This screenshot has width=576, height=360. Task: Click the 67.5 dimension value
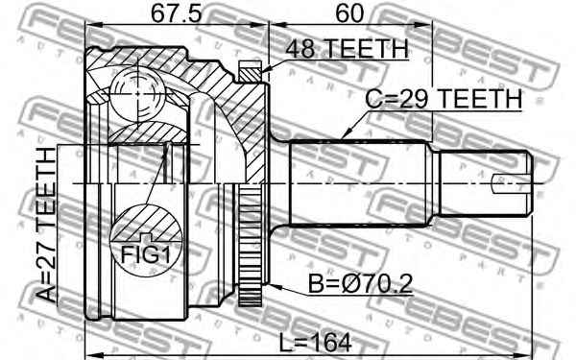(x=177, y=14)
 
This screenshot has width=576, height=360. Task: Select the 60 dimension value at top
(x=348, y=14)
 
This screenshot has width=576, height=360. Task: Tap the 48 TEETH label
(x=348, y=49)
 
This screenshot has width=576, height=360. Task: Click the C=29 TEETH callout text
(x=444, y=99)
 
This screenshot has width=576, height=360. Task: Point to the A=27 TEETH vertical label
(x=46, y=225)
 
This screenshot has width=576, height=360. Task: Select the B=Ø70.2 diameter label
(x=360, y=283)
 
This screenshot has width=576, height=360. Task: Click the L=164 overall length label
(x=316, y=343)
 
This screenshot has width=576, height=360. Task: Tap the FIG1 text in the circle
(x=146, y=255)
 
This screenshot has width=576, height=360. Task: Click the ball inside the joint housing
(x=137, y=94)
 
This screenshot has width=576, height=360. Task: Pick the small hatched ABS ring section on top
(x=250, y=72)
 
